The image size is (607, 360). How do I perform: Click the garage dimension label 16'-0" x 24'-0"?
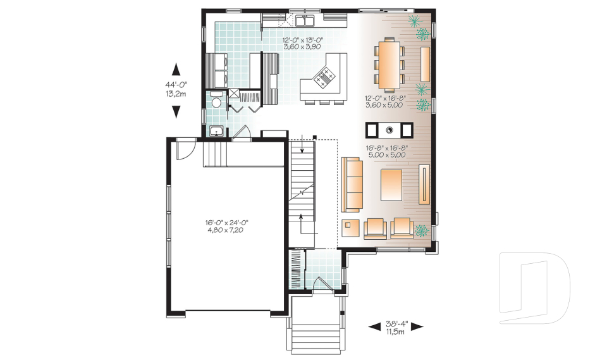click(x=226, y=223)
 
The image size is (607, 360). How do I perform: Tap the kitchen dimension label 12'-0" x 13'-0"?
click(x=302, y=39)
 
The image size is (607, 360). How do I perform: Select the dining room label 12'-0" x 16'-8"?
click(x=385, y=98)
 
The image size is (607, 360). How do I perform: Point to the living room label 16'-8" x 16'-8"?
click(x=387, y=147)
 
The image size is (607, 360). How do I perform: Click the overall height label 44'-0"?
click(x=176, y=85)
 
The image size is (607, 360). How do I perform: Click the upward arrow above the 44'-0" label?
click(x=176, y=69)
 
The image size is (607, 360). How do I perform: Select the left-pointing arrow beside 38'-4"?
click(x=374, y=326)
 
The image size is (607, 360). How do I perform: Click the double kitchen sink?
click(x=305, y=20)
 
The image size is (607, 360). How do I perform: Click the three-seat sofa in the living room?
click(x=352, y=185)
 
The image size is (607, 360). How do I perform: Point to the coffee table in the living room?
click(x=391, y=185)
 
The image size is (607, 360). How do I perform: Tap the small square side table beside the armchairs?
click(x=350, y=228)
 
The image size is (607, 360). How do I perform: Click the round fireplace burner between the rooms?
click(x=389, y=130)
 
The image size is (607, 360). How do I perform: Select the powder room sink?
click(x=216, y=131)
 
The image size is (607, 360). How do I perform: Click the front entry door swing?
click(x=322, y=283)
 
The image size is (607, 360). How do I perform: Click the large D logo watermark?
click(x=535, y=288)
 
